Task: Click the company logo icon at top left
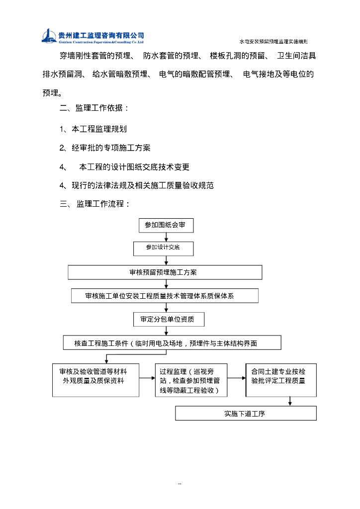[49, 36]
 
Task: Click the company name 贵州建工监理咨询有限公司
[101, 35]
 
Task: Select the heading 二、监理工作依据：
[94, 108]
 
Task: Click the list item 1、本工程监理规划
[93, 129]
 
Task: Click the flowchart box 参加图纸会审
[166, 225]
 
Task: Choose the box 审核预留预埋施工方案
[165, 272]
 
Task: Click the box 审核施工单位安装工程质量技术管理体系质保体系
[165, 296]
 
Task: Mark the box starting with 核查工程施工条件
[172, 342]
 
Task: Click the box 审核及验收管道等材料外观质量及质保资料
[96, 380]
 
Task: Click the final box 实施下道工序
[246, 413]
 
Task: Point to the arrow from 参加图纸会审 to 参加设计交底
[166, 237]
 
